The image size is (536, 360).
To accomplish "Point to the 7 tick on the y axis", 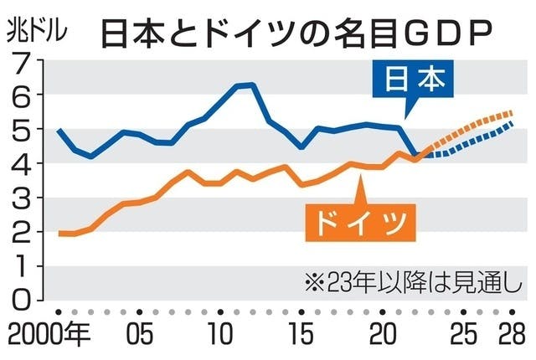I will [x=23, y=61].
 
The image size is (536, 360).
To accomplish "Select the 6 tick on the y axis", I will [x=23, y=95].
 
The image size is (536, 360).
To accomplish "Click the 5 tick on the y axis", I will [x=23, y=130].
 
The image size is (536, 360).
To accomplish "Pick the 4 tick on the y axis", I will [x=23, y=164].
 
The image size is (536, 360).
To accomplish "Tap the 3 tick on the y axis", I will [x=23, y=198].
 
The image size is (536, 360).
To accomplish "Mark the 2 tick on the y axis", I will [x=23, y=232].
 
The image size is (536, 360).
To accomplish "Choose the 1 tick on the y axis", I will [x=23, y=266].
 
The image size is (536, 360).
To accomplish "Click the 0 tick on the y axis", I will [x=23, y=300].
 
